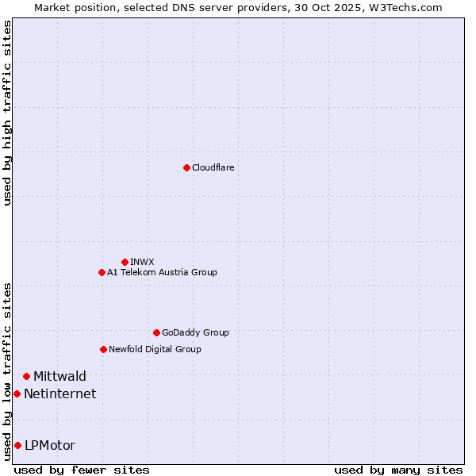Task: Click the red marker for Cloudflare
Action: point(186,167)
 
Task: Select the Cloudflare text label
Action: point(213,167)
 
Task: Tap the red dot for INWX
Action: point(125,262)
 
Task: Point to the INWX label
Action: point(142,262)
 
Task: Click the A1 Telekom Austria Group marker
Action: point(102,272)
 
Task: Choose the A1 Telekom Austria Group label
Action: point(162,272)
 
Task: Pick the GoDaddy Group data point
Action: point(156,332)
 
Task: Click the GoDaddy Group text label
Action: point(194,332)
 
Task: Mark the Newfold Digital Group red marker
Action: point(103,349)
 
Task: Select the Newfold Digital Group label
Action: point(155,349)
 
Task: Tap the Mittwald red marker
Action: point(26,376)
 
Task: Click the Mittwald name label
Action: point(59,376)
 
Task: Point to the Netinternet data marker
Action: point(17,393)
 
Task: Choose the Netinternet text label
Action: point(59,393)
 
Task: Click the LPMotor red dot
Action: point(17,445)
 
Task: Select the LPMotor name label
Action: point(50,445)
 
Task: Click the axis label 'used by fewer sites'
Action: point(82,470)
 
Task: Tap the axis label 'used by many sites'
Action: point(398,470)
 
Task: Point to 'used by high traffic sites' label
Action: point(7,113)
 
